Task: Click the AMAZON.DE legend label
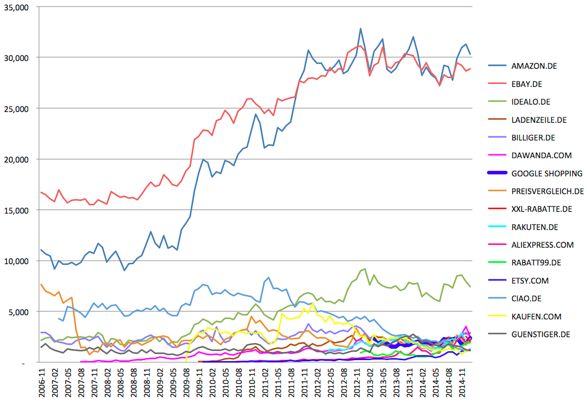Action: (x=534, y=66)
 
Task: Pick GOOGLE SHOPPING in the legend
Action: (x=547, y=173)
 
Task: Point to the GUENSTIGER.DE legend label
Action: (x=540, y=334)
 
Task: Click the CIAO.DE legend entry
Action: (x=526, y=299)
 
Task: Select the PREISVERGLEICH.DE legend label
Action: (x=547, y=191)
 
